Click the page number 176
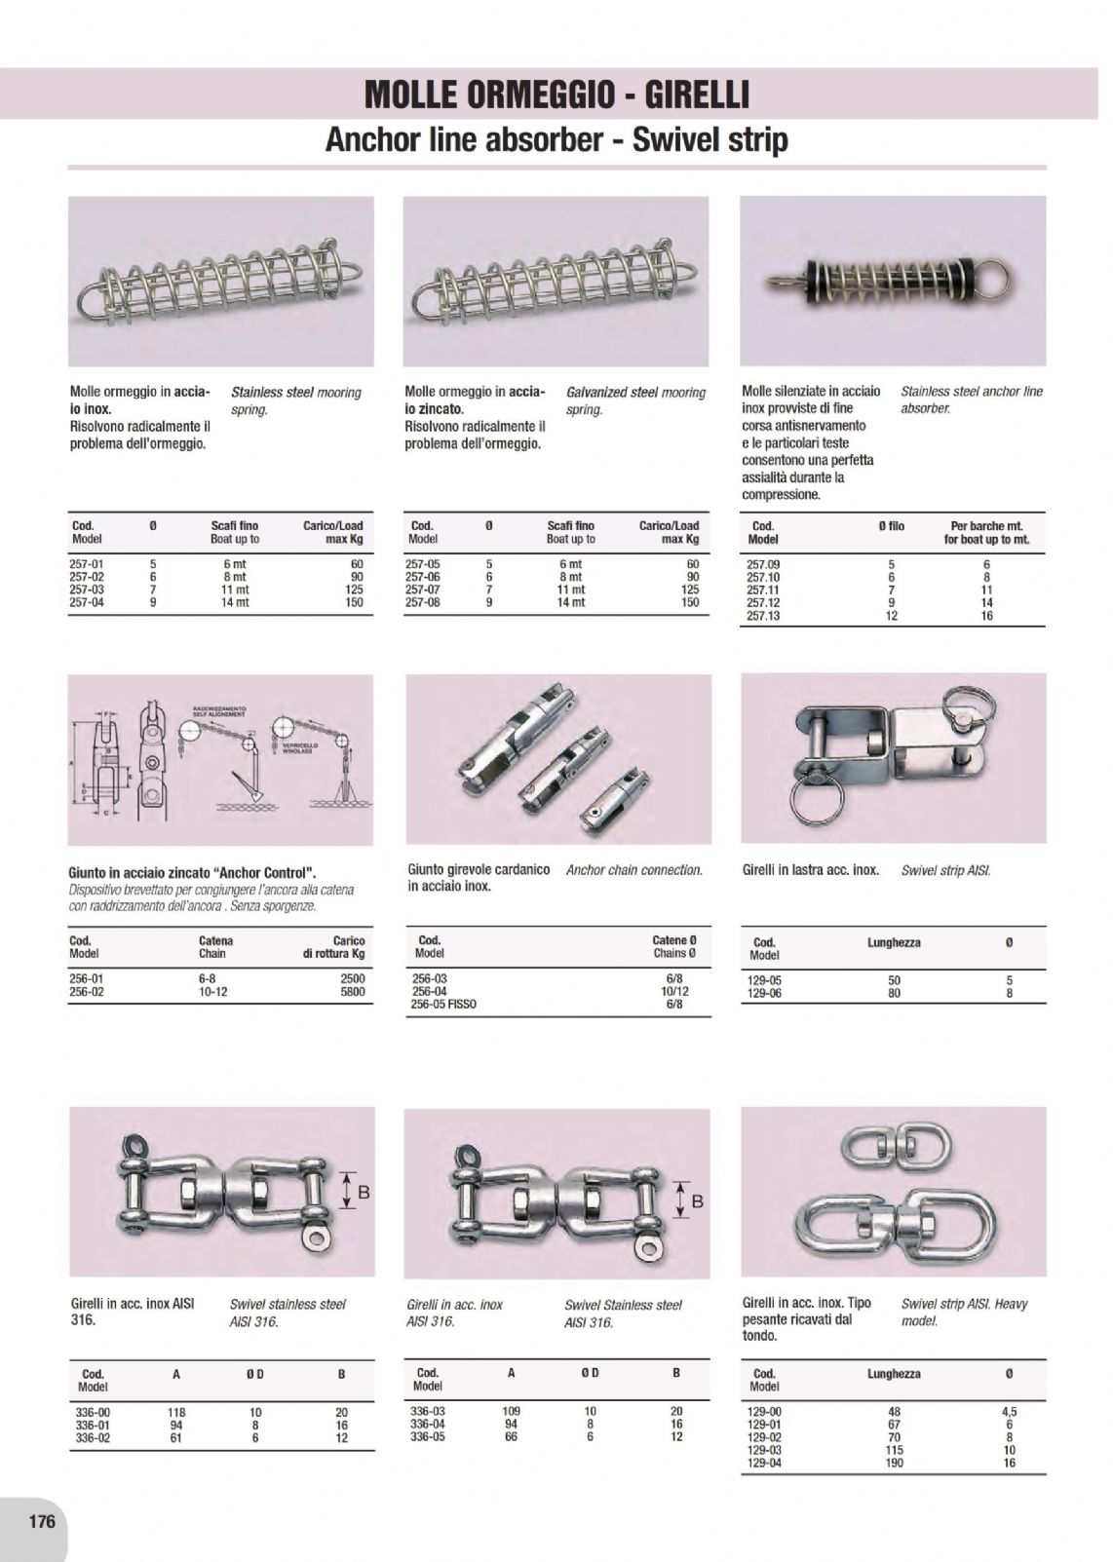(41, 1521)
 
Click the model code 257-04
(86, 602)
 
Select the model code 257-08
(422, 602)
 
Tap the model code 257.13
(763, 616)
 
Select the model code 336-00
(92, 1412)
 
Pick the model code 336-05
(428, 1436)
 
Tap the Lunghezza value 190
(895, 1463)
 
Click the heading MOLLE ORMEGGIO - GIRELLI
(556, 95)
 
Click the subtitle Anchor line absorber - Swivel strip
(556, 140)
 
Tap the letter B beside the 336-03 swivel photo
(697, 1202)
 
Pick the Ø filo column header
(891, 526)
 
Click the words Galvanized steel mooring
(635, 392)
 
